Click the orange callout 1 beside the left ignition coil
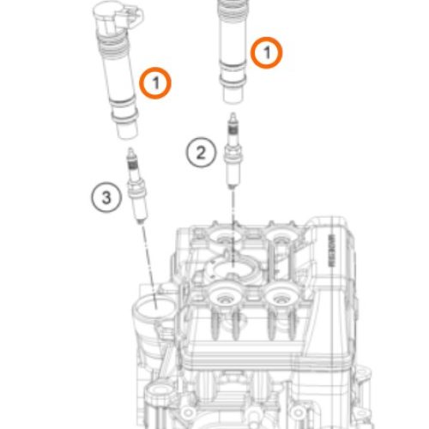[156, 82]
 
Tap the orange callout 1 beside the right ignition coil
[266, 53]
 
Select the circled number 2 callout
[200, 154]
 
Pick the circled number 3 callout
[106, 199]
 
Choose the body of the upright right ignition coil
[231, 47]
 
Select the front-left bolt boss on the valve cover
[227, 300]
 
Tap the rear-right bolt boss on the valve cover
[279, 234]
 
